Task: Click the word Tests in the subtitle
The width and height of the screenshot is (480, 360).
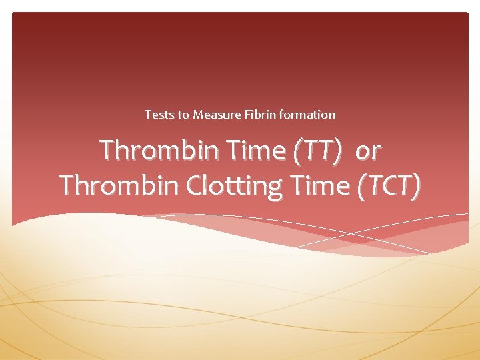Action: coord(159,115)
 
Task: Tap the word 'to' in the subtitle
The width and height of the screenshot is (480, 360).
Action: coord(183,115)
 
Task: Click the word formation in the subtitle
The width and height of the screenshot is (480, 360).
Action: coord(307,115)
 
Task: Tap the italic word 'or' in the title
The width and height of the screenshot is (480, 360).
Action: coord(367,152)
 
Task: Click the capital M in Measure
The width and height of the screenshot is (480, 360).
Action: coord(198,115)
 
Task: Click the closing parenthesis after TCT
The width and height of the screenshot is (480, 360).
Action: coord(417,185)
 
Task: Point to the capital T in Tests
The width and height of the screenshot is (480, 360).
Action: coord(148,115)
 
